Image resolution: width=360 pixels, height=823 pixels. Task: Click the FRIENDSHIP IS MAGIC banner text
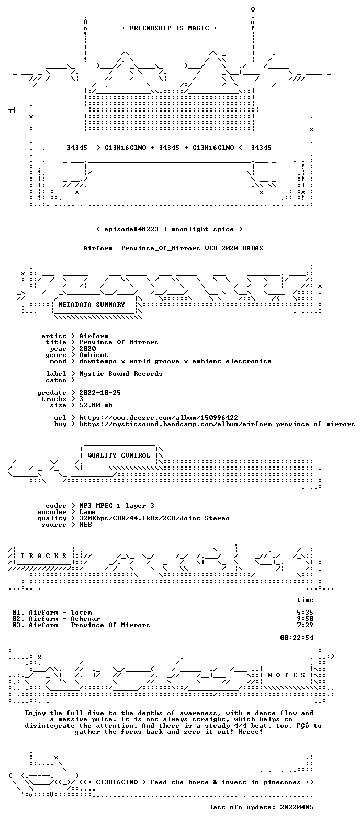click(170, 28)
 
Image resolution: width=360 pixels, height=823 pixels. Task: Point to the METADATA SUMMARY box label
click(92, 305)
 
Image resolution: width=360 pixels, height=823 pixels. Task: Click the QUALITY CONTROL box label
click(119, 455)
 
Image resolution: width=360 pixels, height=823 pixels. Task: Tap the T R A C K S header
click(44, 556)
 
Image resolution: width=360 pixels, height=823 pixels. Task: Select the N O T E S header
click(286, 675)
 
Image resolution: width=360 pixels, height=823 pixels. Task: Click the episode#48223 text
click(131, 229)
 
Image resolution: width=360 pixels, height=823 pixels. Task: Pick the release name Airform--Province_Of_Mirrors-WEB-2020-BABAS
click(173, 248)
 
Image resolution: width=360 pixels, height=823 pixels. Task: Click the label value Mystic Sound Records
click(120, 374)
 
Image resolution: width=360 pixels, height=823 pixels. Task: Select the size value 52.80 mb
click(96, 405)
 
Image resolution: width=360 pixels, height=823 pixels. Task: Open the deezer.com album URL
click(159, 418)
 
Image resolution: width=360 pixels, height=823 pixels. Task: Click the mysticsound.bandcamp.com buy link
click(217, 424)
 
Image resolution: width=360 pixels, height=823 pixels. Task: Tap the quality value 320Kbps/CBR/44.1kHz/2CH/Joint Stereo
click(154, 518)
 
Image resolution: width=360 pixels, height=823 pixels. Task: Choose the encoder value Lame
click(87, 512)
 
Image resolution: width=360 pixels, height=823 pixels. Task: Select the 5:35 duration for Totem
click(305, 613)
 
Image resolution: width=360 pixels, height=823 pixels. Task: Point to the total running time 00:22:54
click(297, 638)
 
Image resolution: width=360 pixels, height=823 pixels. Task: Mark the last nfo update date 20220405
click(297, 807)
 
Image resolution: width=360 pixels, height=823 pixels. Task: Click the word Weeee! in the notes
click(251, 732)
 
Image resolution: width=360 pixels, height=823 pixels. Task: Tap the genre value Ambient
click(94, 355)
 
